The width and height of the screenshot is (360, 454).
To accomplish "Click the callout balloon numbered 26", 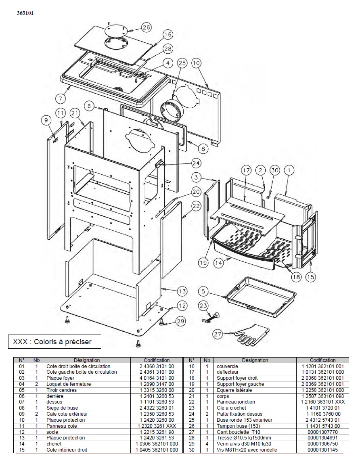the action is (147, 27).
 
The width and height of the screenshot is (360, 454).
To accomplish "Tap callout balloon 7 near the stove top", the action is (61, 98).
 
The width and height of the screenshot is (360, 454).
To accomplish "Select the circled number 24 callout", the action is (196, 163).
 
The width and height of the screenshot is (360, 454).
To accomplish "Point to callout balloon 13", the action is (182, 291).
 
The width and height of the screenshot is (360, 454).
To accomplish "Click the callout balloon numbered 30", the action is (274, 170).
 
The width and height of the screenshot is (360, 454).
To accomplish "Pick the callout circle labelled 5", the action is (203, 291).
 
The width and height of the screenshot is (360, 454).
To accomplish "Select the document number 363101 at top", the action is (25, 13).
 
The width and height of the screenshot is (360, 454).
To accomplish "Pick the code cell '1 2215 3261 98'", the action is (157, 432).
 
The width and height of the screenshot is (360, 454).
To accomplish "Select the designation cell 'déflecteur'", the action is (228, 372).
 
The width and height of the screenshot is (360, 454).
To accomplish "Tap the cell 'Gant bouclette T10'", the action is (239, 432).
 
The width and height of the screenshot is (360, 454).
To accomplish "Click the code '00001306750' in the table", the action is (322, 444).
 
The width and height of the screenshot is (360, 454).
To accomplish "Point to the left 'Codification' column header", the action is (157, 360).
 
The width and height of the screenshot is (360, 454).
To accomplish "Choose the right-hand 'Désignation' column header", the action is (255, 360).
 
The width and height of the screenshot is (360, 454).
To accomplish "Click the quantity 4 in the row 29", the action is (207, 444).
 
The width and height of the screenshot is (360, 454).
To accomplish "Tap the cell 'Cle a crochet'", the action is (231, 408).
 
